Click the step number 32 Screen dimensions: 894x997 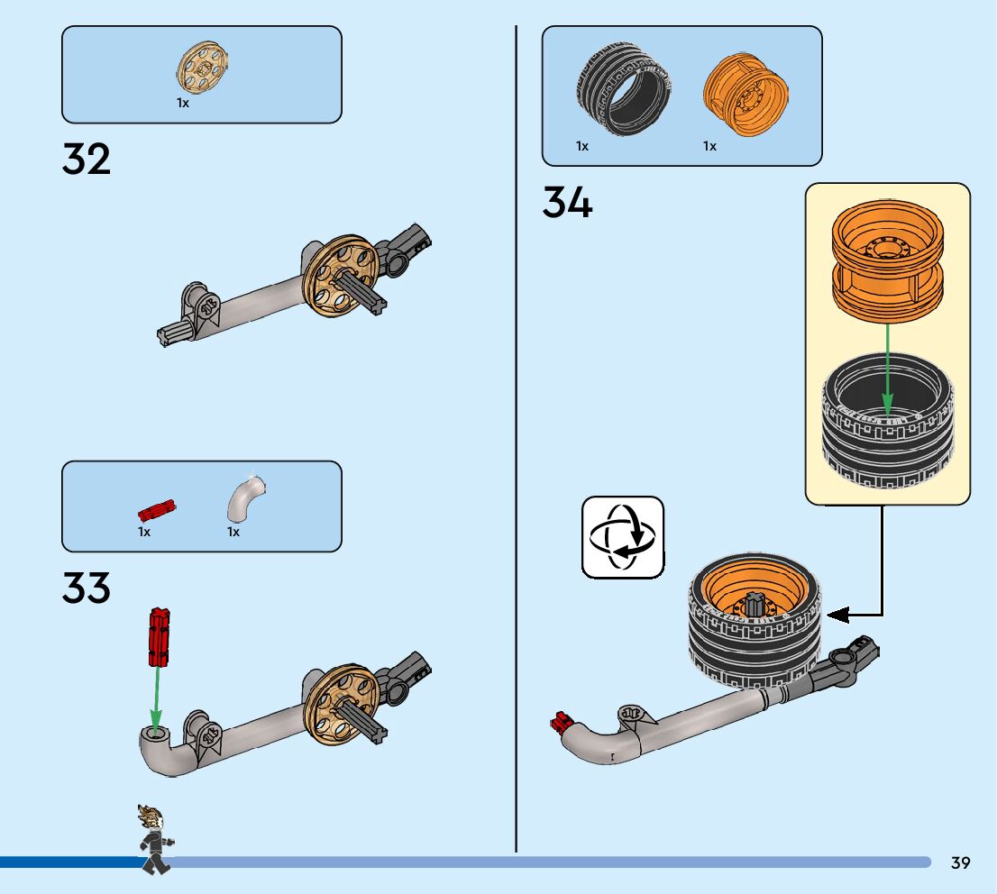87,159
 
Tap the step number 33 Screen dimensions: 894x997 87,588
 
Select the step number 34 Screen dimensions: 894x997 567,202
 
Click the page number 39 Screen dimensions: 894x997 960,863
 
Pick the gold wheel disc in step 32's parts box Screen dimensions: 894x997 203,68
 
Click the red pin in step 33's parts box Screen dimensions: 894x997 157,510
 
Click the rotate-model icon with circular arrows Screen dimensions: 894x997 623,536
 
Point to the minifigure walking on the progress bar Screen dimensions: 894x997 154,839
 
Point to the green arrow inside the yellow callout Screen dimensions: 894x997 888,369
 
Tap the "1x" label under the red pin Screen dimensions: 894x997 144,532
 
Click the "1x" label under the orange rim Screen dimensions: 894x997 710,146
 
